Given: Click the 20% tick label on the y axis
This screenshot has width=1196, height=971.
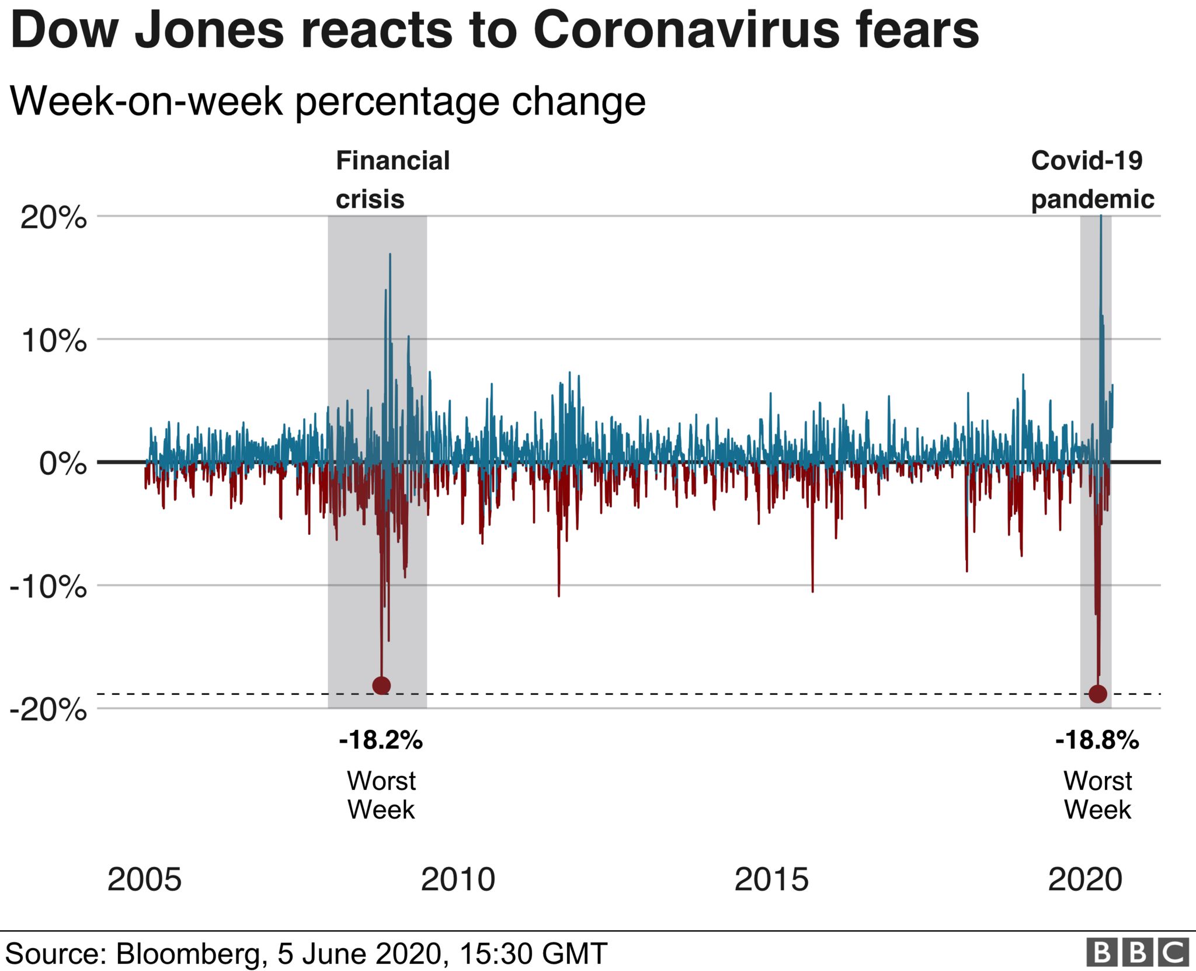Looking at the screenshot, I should (53, 218).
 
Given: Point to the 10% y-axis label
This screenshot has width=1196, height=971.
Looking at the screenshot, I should (53, 341).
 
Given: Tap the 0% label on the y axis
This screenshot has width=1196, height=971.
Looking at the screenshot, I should (62, 464).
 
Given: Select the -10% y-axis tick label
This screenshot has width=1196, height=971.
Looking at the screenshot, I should (48, 587).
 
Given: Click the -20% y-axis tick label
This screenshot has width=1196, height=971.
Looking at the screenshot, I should (48, 710).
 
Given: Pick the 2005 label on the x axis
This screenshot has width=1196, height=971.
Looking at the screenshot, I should (144, 879).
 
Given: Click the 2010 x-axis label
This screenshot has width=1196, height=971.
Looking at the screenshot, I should (458, 879).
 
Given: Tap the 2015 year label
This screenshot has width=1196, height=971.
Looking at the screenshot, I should (771, 879).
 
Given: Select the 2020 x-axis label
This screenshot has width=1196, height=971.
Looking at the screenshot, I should (1085, 879).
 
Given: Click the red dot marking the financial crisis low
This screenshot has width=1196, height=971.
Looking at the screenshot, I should (381, 685).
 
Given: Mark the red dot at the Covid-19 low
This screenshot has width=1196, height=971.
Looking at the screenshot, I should (1098, 694).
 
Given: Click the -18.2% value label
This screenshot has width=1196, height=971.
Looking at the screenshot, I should (381, 740).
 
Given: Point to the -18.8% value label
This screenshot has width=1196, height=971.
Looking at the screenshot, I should (1097, 740).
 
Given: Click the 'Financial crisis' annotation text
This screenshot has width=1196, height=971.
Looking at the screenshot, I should (392, 179).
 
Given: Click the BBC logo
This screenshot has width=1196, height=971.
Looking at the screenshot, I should (1137, 953).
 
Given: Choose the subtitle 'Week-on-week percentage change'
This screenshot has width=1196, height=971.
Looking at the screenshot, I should (328, 102).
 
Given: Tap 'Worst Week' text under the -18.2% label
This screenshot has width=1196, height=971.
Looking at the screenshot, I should (381, 795).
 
